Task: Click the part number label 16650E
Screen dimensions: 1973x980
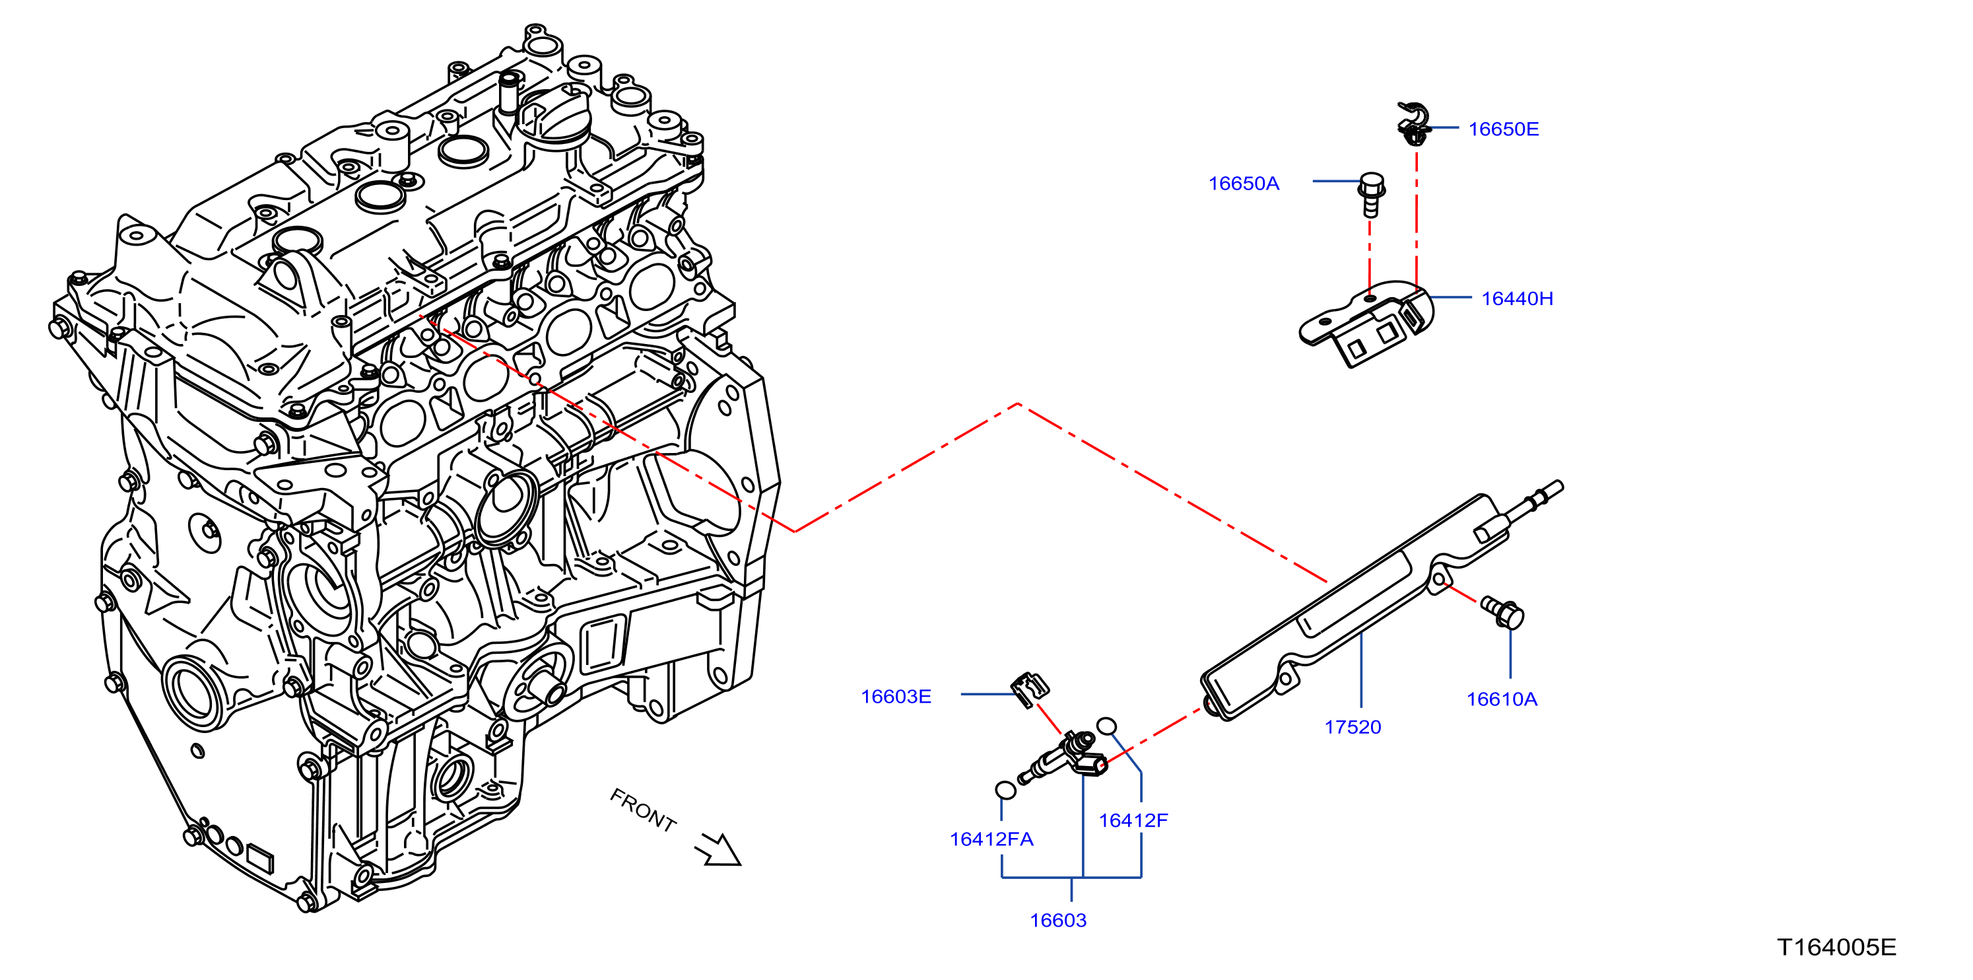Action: click(1503, 129)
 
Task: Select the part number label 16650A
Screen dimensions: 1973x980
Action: click(1243, 183)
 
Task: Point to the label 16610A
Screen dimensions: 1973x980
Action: click(1501, 699)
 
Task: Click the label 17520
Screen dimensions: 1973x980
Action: click(1353, 727)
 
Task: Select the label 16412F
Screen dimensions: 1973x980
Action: click(1133, 821)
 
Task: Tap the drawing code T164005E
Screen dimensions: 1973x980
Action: click(1836, 947)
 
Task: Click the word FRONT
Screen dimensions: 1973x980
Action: click(644, 810)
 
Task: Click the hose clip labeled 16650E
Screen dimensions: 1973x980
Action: click(1413, 123)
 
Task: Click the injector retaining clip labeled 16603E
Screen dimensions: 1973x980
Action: click(1029, 689)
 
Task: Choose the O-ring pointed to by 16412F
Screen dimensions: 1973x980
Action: click(1106, 726)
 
